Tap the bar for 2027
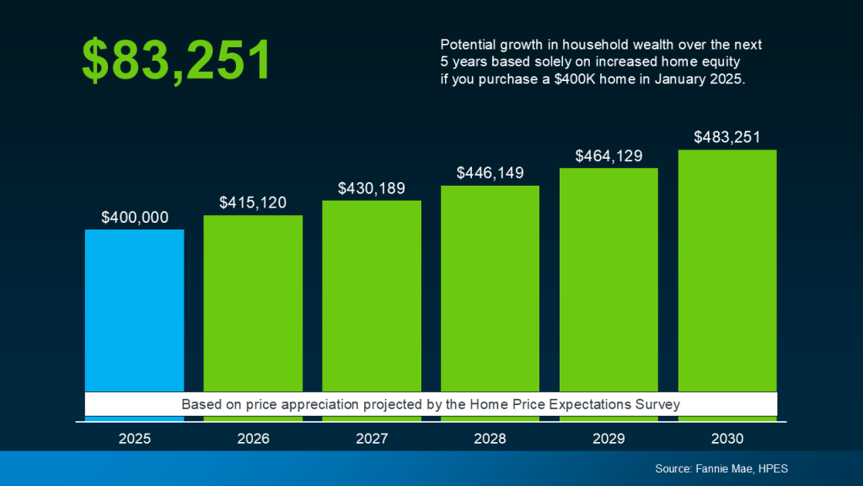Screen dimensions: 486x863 click(x=372, y=295)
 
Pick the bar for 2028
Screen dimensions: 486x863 click(x=490, y=287)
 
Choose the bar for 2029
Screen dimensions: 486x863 click(x=608, y=278)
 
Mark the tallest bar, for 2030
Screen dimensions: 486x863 click(x=727, y=270)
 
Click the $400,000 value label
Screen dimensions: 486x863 click(x=135, y=217)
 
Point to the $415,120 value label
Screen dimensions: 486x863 click(x=253, y=202)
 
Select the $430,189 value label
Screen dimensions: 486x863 click(x=372, y=187)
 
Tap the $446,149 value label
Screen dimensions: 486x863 click(x=490, y=173)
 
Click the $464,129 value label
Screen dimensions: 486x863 click(x=608, y=155)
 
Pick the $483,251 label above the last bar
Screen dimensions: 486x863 click(x=727, y=137)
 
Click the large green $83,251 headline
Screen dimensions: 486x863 click(x=176, y=61)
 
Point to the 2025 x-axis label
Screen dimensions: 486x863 click(x=135, y=439)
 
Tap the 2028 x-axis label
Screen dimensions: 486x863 click(x=490, y=439)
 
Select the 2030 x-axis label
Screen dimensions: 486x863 click(x=727, y=439)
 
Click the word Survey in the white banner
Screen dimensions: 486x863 click(x=657, y=404)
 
